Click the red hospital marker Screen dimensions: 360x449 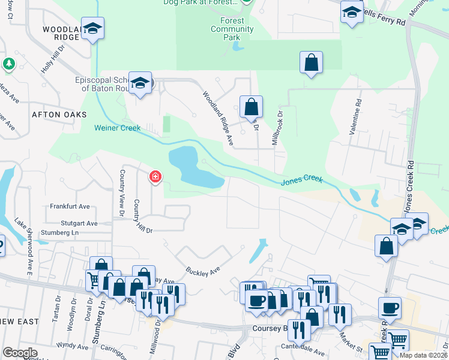(x=155, y=177)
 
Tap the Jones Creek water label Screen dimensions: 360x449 (x=301, y=179)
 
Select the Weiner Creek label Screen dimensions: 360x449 (x=117, y=128)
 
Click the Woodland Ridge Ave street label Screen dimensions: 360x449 (x=217, y=118)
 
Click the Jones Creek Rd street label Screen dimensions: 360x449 (x=411, y=187)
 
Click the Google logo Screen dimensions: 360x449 (x=20, y=352)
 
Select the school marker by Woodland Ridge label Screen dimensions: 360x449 (x=93, y=29)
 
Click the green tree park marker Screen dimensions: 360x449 (x=8, y=63)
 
